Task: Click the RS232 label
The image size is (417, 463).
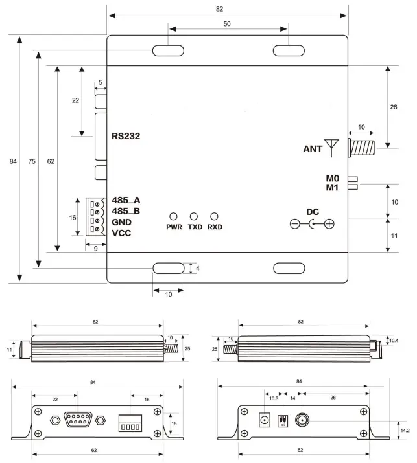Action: coord(126,136)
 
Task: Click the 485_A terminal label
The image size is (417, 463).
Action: coord(126,200)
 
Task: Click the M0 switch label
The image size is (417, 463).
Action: coord(333,178)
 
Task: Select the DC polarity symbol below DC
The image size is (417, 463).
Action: coord(312,224)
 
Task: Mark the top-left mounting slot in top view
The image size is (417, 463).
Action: coord(168,52)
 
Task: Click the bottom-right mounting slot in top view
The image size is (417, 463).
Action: coord(289,268)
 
